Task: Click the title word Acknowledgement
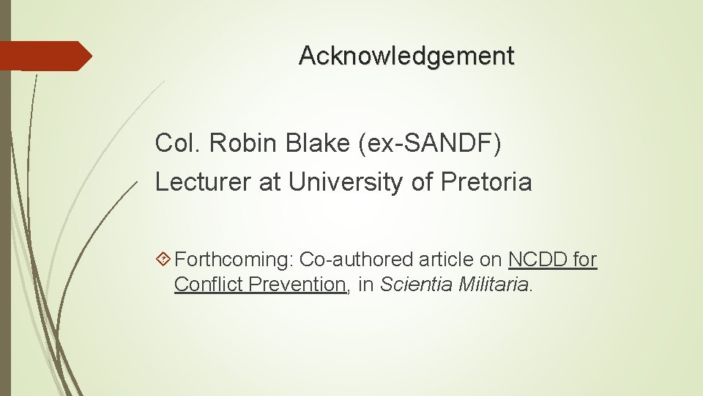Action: pyautogui.click(x=406, y=56)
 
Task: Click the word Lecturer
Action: pyautogui.click(x=204, y=182)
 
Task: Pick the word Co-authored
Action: pyautogui.click(x=357, y=260)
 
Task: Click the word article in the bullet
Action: pyautogui.click(x=447, y=260)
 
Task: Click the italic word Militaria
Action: pyautogui.click(x=494, y=285)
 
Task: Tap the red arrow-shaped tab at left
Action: pyautogui.click(x=45, y=56)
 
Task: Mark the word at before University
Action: pyautogui.click(x=270, y=182)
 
